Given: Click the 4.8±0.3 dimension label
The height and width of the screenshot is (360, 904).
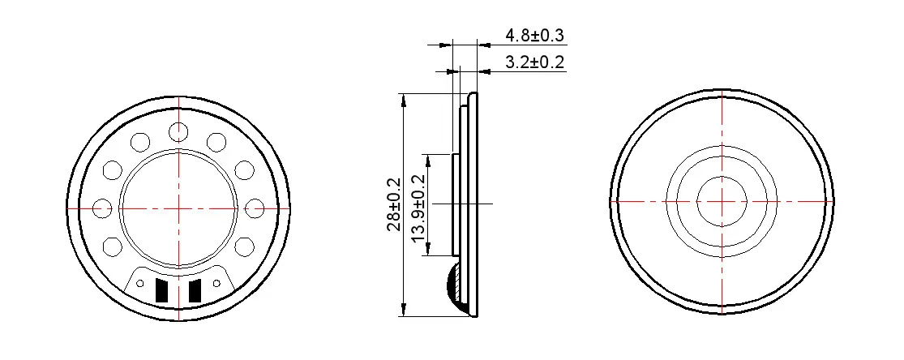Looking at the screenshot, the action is click(534, 35).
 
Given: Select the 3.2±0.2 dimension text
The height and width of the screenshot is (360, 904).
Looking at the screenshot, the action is click(534, 62).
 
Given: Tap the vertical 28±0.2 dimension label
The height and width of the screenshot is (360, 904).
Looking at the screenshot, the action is click(394, 204).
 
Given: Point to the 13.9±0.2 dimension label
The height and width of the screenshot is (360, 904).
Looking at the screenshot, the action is click(418, 208).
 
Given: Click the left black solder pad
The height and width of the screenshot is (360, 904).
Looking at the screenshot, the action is click(162, 290).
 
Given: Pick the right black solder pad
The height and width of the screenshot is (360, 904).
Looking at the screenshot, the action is click(195, 290).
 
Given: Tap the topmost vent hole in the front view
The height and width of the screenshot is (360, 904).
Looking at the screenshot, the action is click(178, 131).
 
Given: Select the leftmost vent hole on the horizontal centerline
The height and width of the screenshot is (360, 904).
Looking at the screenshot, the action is click(102, 208).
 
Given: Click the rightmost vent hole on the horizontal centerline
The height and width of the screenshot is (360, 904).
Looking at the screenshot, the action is click(255, 208).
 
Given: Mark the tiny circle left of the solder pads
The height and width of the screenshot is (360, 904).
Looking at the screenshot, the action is click(140, 283).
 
